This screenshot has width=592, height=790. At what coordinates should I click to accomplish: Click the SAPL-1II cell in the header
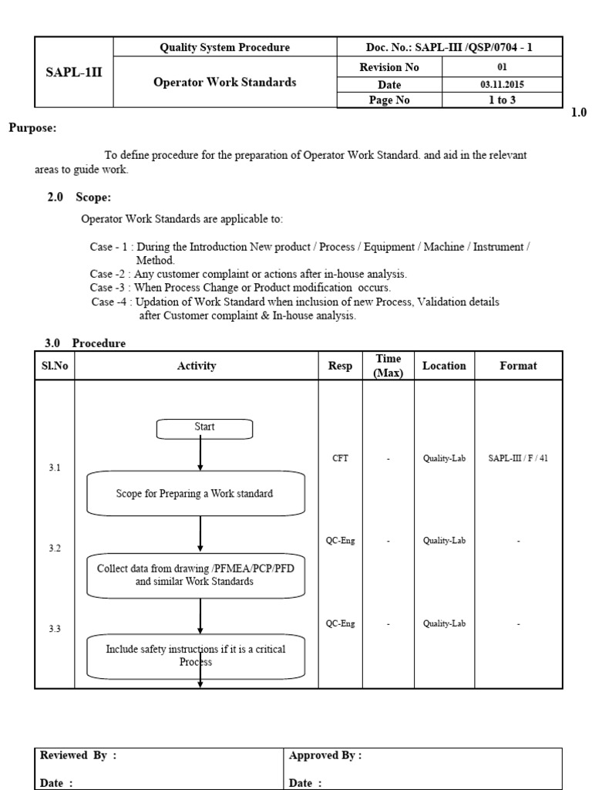tap(75, 75)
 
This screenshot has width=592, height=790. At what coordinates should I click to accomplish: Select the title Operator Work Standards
tap(226, 83)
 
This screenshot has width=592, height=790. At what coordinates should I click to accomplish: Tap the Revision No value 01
tap(501, 67)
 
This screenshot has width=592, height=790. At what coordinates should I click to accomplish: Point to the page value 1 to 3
tap(501, 100)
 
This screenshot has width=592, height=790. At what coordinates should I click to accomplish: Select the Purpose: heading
tap(32, 128)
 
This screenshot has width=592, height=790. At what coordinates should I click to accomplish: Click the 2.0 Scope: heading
tap(79, 198)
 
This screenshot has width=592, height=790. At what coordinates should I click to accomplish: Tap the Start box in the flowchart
tap(204, 427)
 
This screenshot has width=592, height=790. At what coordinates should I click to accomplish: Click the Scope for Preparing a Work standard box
tap(195, 494)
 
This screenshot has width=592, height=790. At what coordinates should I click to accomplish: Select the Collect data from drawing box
tap(195, 576)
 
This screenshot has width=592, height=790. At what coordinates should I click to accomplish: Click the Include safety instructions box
tap(196, 655)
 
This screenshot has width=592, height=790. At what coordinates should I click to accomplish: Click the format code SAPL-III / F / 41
tap(518, 458)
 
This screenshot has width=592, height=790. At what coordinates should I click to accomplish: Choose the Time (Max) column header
tap(388, 366)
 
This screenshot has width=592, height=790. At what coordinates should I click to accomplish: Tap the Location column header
tap(444, 366)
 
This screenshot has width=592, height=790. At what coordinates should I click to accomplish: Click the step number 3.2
tap(54, 549)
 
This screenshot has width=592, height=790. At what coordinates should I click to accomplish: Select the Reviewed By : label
tap(78, 756)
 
